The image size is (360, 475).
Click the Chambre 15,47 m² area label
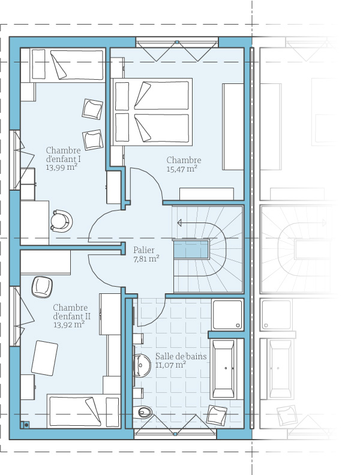(x=184, y=164)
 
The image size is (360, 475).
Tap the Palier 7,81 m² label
(x=146, y=254)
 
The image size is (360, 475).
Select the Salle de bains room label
(x=181, y=356)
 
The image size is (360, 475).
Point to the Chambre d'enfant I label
(x=63, y=159)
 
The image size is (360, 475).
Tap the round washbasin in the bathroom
(x=142, y=365)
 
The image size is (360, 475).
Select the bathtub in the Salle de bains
(x=224, y=369)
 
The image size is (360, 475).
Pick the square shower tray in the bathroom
(x=227, y=315)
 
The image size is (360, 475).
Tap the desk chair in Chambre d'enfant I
(x=62, y=221)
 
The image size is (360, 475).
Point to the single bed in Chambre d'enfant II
(x=83, y=411)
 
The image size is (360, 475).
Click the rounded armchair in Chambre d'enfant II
(x=42, y=287)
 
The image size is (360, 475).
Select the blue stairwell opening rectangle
(x=191, y=249)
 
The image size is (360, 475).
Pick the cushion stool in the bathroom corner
(x=217, y=414)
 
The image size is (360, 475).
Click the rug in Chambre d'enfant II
(x=44, y=358)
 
